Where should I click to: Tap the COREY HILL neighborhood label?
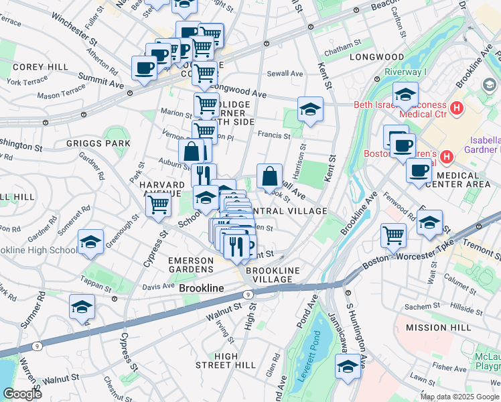[x=40, y=68]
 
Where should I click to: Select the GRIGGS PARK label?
[x=108, y=143]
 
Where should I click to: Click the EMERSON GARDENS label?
[x=190, y=265]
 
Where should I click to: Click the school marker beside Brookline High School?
[x=90, y=243]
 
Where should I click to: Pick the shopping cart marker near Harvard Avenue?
[x=159, y=204]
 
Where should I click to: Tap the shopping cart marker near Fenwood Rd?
[x=393, y=234]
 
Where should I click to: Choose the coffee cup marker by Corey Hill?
[x=144, y=68]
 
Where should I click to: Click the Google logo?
[x=22, y=394]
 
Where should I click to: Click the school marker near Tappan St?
[x=82, y=307]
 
